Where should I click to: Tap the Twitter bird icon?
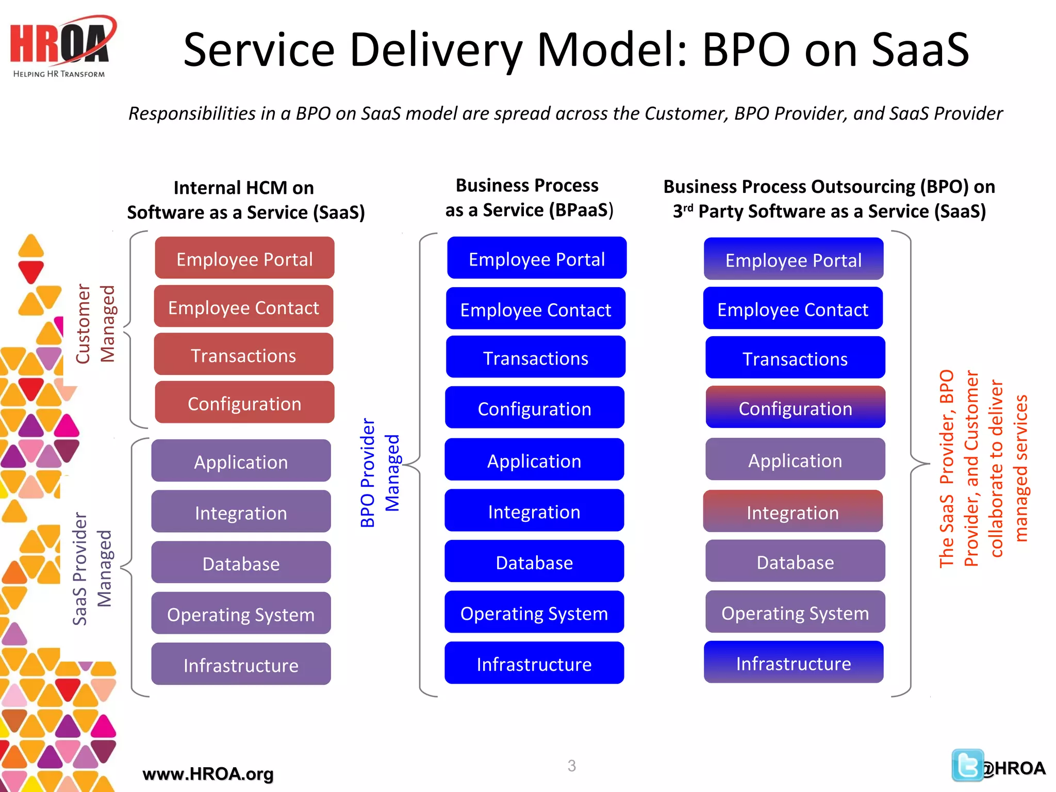[967, 765]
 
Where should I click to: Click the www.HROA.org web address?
[208, 773]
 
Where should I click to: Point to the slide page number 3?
[571, 766]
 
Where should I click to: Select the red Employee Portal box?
[244, 258]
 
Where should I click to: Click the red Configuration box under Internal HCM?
[244, 403]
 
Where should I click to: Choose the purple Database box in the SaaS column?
[241, 563]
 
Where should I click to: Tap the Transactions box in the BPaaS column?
[536, 358]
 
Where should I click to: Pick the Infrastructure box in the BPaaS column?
[534, 664]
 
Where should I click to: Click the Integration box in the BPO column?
[793, 512]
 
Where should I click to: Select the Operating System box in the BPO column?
[795, 613]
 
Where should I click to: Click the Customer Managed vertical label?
[95, 324]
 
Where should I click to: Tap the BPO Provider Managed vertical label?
[379, 472]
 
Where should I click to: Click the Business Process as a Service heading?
[529, 197]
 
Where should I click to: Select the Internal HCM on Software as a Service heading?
[245, 200]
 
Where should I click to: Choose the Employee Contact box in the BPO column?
[793, 309]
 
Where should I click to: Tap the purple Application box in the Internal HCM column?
[241, 461]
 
